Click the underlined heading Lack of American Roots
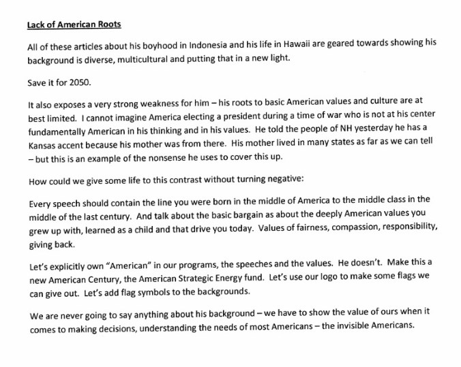[x=74, y=25]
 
